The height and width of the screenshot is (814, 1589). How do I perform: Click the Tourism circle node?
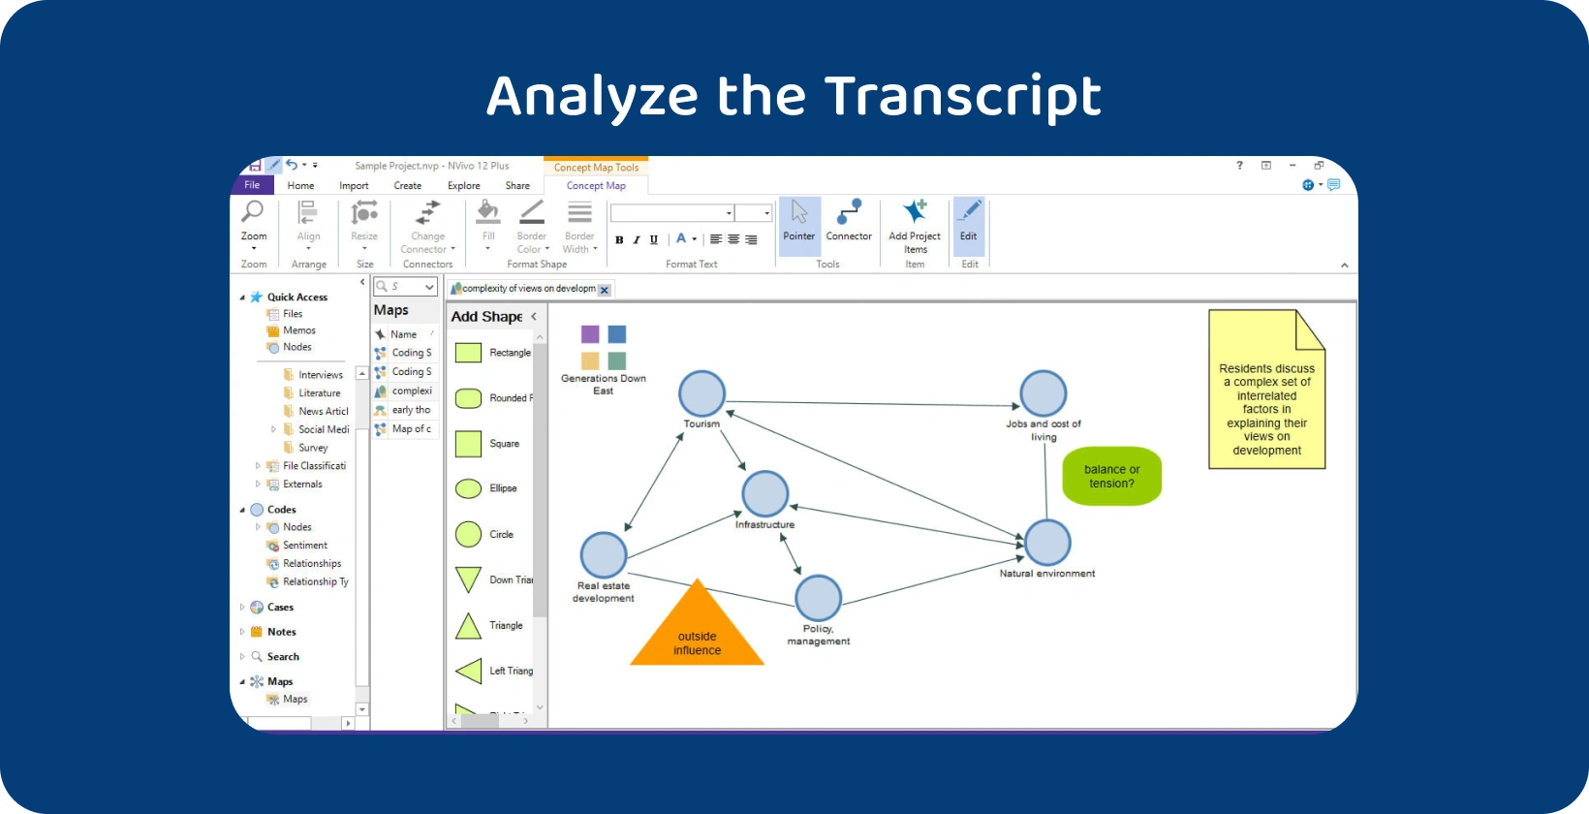(x=701, y=393)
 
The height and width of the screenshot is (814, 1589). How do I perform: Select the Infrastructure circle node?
(x=764, y=494)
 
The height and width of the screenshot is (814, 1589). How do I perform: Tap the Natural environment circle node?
(x=1047, y=543)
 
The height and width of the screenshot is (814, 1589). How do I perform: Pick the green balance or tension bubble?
(x=1111, y=476)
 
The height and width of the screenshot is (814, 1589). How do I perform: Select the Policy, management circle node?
(x=818, y=598)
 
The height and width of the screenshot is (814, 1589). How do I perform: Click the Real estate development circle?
(x=604, y=555)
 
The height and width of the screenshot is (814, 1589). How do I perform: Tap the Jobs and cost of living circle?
(x=1043, y=393)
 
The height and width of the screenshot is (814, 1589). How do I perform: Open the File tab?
(x=252, y=185)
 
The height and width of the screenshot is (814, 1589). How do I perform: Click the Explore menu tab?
(x=463, y=186)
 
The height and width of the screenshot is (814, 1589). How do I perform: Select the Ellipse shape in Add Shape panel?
(x=469, y=488)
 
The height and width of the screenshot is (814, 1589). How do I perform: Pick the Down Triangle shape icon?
(x=469, y=579)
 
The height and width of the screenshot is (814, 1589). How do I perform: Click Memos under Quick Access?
(x=298, y=330)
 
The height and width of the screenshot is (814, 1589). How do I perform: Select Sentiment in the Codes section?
(x=304, y=546)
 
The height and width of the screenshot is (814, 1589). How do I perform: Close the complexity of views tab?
(x=605, y=290)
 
